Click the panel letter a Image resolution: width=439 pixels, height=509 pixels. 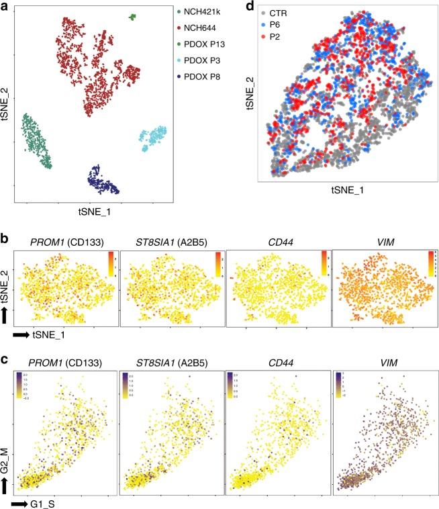(6, 8)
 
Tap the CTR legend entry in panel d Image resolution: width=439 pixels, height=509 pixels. (275, 13)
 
